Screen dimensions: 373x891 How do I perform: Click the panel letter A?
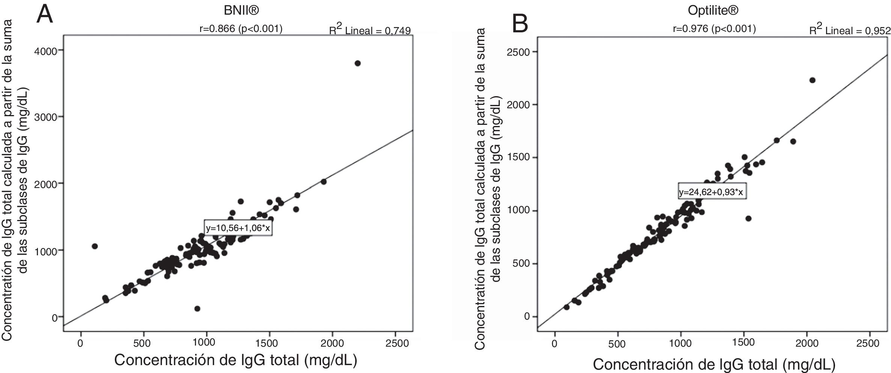44,15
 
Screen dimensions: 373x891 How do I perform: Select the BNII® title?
241,11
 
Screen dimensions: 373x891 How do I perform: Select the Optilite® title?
713,11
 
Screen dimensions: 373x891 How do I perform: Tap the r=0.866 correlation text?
241,29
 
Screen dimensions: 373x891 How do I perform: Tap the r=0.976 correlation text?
714,29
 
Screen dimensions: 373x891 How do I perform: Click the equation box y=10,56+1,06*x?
238,228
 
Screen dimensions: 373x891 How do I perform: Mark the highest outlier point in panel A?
357,63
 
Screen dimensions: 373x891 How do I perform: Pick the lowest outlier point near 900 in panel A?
197,309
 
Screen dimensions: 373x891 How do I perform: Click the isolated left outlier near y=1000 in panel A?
95,246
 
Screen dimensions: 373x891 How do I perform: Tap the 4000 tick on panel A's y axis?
46,51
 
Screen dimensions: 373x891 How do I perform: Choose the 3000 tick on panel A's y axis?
46,117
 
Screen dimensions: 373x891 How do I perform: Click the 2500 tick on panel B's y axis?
518,52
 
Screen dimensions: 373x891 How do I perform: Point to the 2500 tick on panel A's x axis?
395,343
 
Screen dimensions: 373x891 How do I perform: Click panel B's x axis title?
714,364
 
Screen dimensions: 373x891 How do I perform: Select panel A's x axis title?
235,360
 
